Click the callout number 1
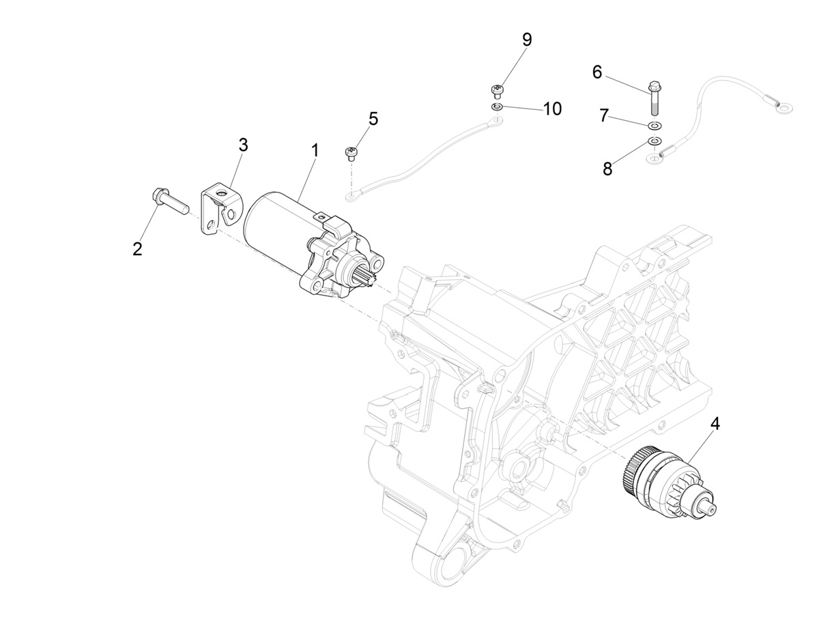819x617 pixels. tap(315, 151)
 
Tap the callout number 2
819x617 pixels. tap(137, 249)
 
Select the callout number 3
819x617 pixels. tap(243, 145)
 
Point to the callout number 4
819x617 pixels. tap(715, 424)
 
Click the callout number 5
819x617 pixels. tap(373, 119)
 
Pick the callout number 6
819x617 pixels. tap(597, 72)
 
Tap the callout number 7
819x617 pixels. tap(603, 116)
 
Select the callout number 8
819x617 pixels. tap(607, 169)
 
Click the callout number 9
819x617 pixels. tap(526, 40)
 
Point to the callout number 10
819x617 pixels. tap(552, 108)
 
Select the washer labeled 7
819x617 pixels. tap(654, 126)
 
